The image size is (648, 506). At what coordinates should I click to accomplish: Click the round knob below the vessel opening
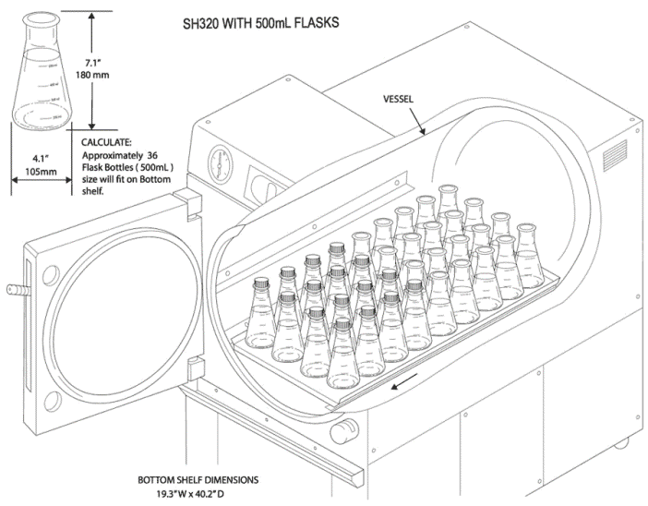tap(348, 427)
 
